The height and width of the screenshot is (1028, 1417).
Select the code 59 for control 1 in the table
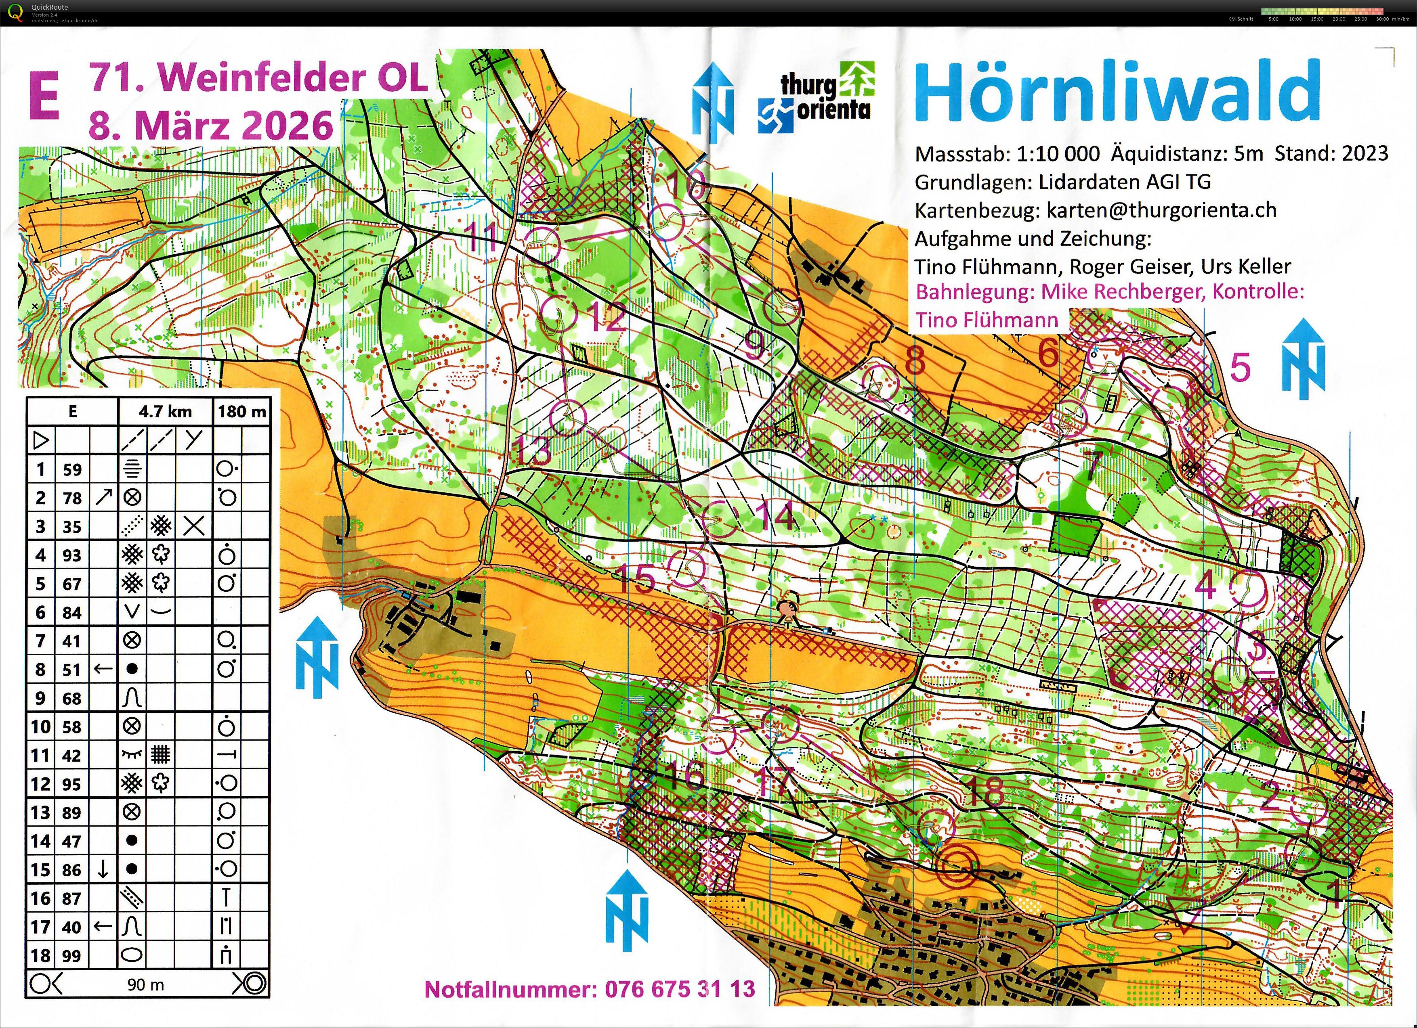[72, 469]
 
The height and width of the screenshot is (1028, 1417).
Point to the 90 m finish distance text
[145, 984]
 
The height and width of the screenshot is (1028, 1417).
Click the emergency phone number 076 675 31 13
[680, 989]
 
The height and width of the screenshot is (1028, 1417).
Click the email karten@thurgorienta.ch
[1161, 210]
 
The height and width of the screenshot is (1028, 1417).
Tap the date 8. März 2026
[210, 126]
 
